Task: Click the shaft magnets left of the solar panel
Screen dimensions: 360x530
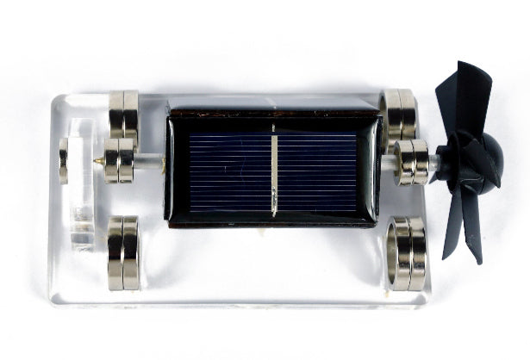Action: [120, 160]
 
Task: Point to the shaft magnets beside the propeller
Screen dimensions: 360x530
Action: [411, 162]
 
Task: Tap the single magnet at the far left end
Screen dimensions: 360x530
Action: [63, 161]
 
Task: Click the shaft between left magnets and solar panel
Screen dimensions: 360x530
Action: [148, 160]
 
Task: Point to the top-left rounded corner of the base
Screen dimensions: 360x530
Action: [59, 97]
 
